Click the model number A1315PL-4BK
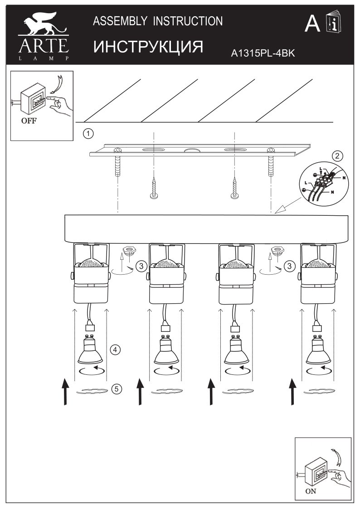point(263,53)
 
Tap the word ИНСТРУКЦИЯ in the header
point(148,47)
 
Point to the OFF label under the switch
point(29,121)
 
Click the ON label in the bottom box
point(310,491)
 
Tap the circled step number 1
point(88,133)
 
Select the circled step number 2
point(338,156)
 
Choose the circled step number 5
point(116,388)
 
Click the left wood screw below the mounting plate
point(154,188)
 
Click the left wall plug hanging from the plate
point(117,166)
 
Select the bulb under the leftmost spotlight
point(90,350)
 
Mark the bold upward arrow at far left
point(65,392)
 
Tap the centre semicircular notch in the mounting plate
point(193,151)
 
